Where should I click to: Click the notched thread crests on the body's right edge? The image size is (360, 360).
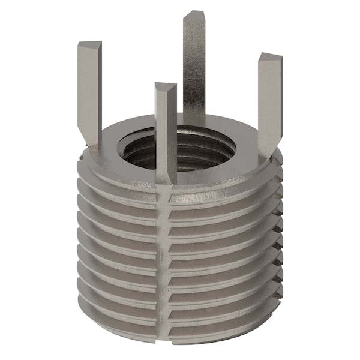278,240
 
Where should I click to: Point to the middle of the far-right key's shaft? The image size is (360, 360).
269,99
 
